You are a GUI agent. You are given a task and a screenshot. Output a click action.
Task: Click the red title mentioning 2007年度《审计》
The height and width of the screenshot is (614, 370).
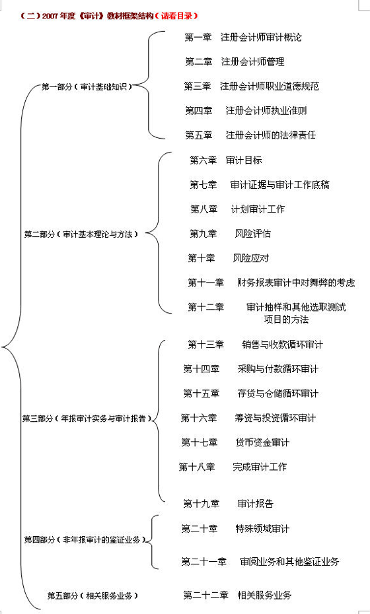(x=108, y=16)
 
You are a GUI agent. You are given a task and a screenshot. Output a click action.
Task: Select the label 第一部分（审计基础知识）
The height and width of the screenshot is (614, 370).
(x=87, y=87)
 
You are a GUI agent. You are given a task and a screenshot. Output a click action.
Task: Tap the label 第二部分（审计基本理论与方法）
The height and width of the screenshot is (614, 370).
(x=81, y=234)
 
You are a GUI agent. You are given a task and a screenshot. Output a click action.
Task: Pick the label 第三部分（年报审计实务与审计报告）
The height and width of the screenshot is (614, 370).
(x=87, y=418)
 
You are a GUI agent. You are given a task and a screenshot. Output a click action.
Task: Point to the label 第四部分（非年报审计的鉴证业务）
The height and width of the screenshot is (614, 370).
(x=85, y=539)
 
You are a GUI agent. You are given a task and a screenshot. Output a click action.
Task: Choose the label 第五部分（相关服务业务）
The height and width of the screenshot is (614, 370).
(x=92, y=596)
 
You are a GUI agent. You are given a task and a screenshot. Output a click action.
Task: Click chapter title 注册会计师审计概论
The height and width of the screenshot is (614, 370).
(x=261, y=37)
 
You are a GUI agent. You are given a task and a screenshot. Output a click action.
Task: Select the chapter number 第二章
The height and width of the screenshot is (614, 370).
(x=199, y=61)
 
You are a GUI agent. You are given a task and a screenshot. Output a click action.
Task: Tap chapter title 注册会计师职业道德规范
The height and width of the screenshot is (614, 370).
(x=270, y=86)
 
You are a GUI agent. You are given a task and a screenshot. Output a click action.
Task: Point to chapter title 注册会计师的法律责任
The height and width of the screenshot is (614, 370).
(x=270, y=135)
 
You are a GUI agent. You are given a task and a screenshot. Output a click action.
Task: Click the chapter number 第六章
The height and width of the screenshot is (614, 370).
(x=203, y=160)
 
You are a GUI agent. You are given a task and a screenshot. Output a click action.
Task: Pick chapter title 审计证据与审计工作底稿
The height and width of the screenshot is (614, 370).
(x=280, y=184)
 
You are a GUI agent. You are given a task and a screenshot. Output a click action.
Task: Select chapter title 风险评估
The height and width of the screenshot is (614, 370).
(x=253, y=233)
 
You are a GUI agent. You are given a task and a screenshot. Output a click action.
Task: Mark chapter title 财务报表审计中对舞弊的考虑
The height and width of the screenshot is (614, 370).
(x=296, y=282)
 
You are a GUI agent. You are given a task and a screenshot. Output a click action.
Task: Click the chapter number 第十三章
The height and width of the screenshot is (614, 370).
(x=205, y=344)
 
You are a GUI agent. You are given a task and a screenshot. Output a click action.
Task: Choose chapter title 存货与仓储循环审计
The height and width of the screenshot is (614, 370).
(x=278, y=393)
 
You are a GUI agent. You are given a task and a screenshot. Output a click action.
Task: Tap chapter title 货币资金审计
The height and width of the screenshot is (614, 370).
(x=262, y=442)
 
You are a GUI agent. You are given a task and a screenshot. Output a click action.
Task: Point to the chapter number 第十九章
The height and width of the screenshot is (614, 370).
(x=201, y=503)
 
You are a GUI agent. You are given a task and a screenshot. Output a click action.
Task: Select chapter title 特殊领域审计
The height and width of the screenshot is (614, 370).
(x=262, y=528)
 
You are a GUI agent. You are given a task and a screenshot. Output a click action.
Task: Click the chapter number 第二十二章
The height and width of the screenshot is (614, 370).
(x=205, y=596)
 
